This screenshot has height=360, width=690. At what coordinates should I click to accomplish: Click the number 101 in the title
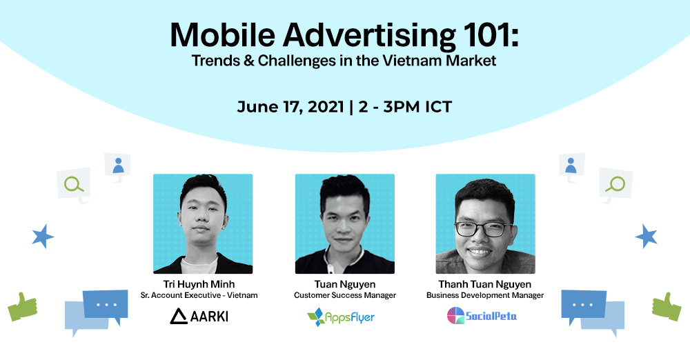489,34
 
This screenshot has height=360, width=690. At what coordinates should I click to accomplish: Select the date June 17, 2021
290,107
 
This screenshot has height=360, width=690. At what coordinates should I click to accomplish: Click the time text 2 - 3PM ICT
405,107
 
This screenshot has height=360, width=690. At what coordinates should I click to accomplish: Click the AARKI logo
199,316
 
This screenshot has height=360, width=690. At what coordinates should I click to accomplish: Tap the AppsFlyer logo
341,317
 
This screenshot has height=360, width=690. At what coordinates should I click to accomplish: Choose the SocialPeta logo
482,316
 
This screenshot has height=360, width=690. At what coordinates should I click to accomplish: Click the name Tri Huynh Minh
199,284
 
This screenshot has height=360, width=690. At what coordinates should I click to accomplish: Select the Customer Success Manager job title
345,295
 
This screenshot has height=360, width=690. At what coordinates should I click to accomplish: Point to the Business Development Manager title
485,295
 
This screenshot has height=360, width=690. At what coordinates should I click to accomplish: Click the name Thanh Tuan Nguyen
485,284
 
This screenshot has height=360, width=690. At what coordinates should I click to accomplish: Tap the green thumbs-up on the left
23,306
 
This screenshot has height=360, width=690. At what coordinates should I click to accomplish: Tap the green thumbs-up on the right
667,306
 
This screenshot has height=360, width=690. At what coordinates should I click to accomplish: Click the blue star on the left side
43,237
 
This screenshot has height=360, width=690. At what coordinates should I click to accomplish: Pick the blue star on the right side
646,237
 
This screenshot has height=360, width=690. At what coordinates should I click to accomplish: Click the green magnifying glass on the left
74,184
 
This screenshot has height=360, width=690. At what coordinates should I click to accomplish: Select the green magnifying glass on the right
615,184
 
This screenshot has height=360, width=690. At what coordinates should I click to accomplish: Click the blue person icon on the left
118,166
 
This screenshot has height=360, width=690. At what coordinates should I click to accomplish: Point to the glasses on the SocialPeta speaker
483,229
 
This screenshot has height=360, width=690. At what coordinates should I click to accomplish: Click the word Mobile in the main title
223,34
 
